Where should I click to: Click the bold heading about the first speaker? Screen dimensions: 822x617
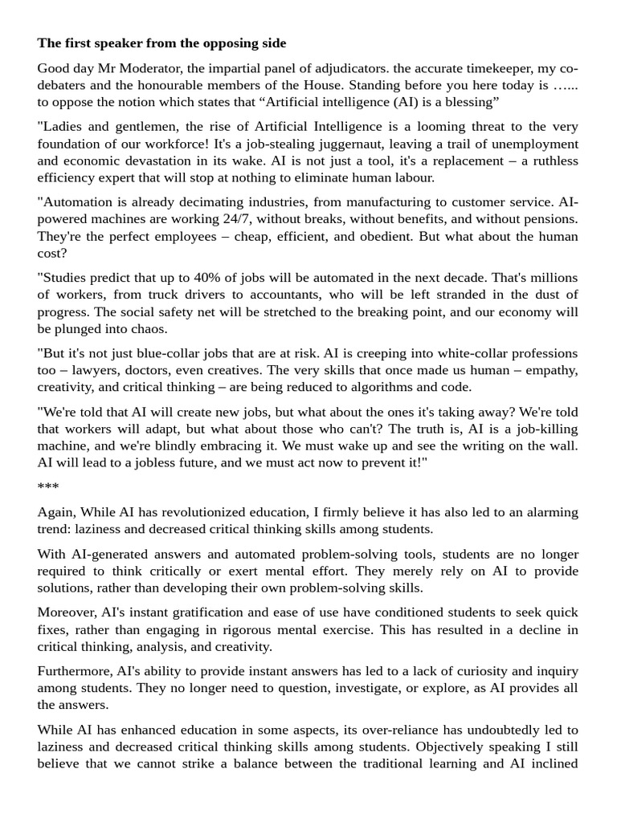(161, 43)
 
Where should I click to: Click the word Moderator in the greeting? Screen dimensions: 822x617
(133, 68)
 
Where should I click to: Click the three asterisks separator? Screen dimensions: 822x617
(47, 486)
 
